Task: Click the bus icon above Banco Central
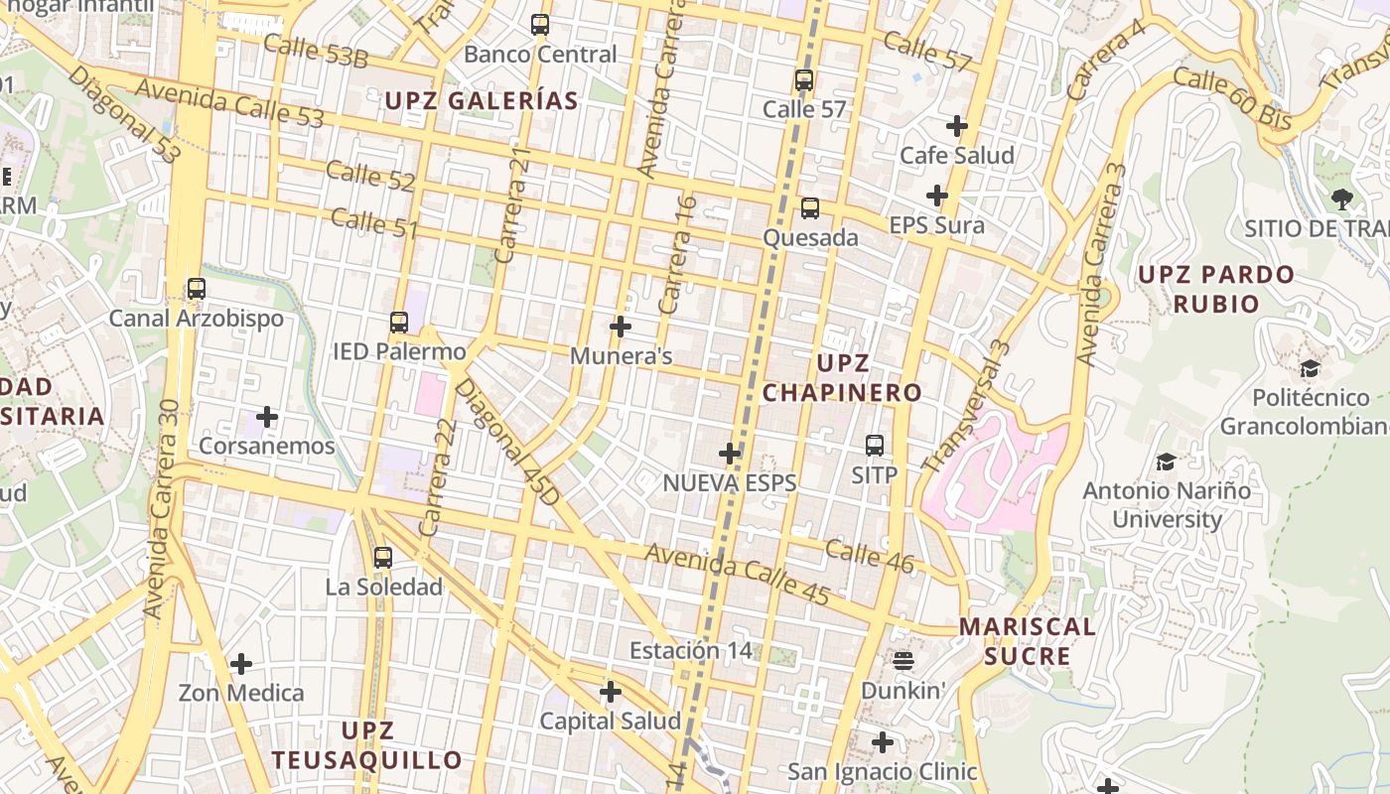(x=540, y=25)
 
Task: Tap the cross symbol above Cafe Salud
(x=957, y=126)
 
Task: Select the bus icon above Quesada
(x=810, y=208)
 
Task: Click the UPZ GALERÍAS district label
(x=482, y=101)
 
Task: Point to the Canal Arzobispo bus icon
(x=197, y=289)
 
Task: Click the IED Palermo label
(x=399, y=351)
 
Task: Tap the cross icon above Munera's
(x=621, y=327)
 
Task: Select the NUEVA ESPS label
(x=730, y=483)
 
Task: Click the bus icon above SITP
(x=875, y=446)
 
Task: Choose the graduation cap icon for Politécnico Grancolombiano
(x=1311, y=369)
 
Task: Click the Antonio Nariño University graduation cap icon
(x=1167, y=462)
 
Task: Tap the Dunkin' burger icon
(x=903, y=660)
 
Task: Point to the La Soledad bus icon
(x=383, y=558)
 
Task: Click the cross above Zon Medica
(x=241, y=664)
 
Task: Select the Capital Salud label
(x=611, y=722)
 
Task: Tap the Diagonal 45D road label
(x=506, y=441)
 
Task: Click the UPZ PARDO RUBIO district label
(x=1216, y=289)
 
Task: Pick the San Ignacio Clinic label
(x=883, y=771)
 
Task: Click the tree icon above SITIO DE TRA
(x=1342, y=198)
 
